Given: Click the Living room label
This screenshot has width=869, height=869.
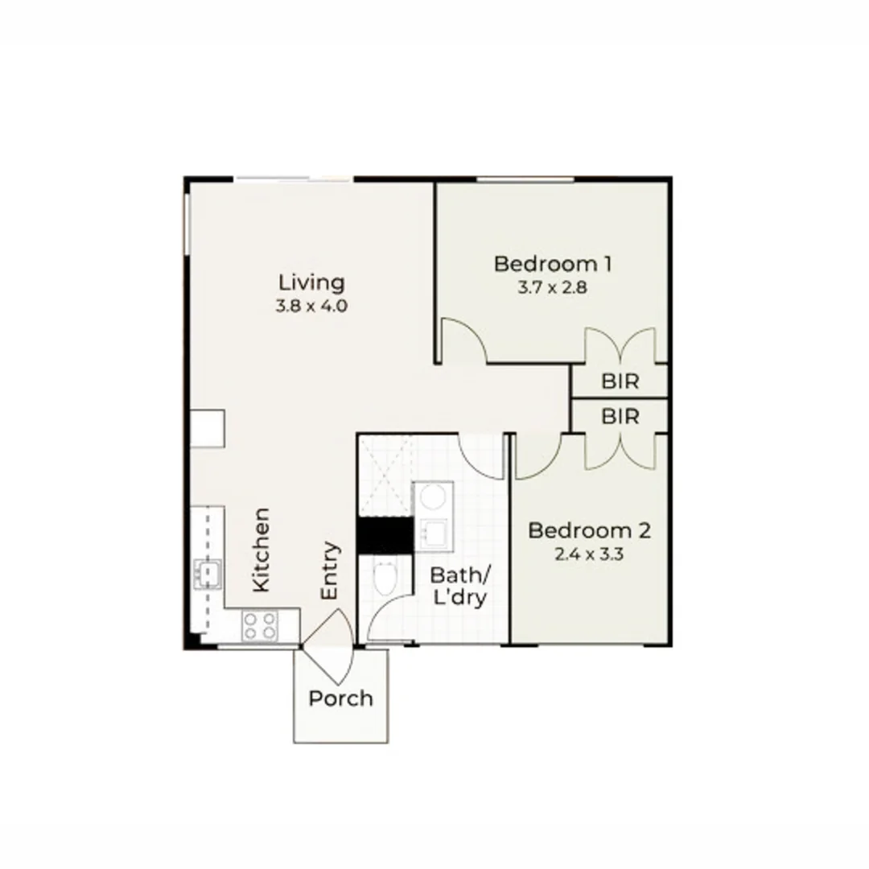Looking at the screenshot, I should (x=311, y=282).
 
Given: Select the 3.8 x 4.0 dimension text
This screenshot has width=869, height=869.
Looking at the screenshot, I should (x=311, y=306).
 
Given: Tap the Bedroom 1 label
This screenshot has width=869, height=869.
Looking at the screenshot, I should (x=553, y=263).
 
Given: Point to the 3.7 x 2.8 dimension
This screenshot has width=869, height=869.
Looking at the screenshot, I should (x=552, y=286).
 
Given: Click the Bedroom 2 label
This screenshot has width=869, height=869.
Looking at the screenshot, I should (x=589, y=530).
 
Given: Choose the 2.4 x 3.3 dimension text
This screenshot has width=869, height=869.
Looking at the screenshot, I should (x=590, y=554).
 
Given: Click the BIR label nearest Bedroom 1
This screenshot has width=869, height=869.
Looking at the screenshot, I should (x=620, y=381).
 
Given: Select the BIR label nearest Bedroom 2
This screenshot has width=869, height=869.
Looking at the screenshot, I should (x=620, y=417).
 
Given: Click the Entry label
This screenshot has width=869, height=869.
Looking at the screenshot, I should (x=330, y=570).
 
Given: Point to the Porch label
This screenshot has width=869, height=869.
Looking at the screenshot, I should (x=341, y=698).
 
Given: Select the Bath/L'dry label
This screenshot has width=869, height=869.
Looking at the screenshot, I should (x=459, y=587).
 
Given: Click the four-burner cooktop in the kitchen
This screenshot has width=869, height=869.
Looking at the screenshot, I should (x=259, y=625).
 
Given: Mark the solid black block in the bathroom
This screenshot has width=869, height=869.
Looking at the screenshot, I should (x=385, y=535).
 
